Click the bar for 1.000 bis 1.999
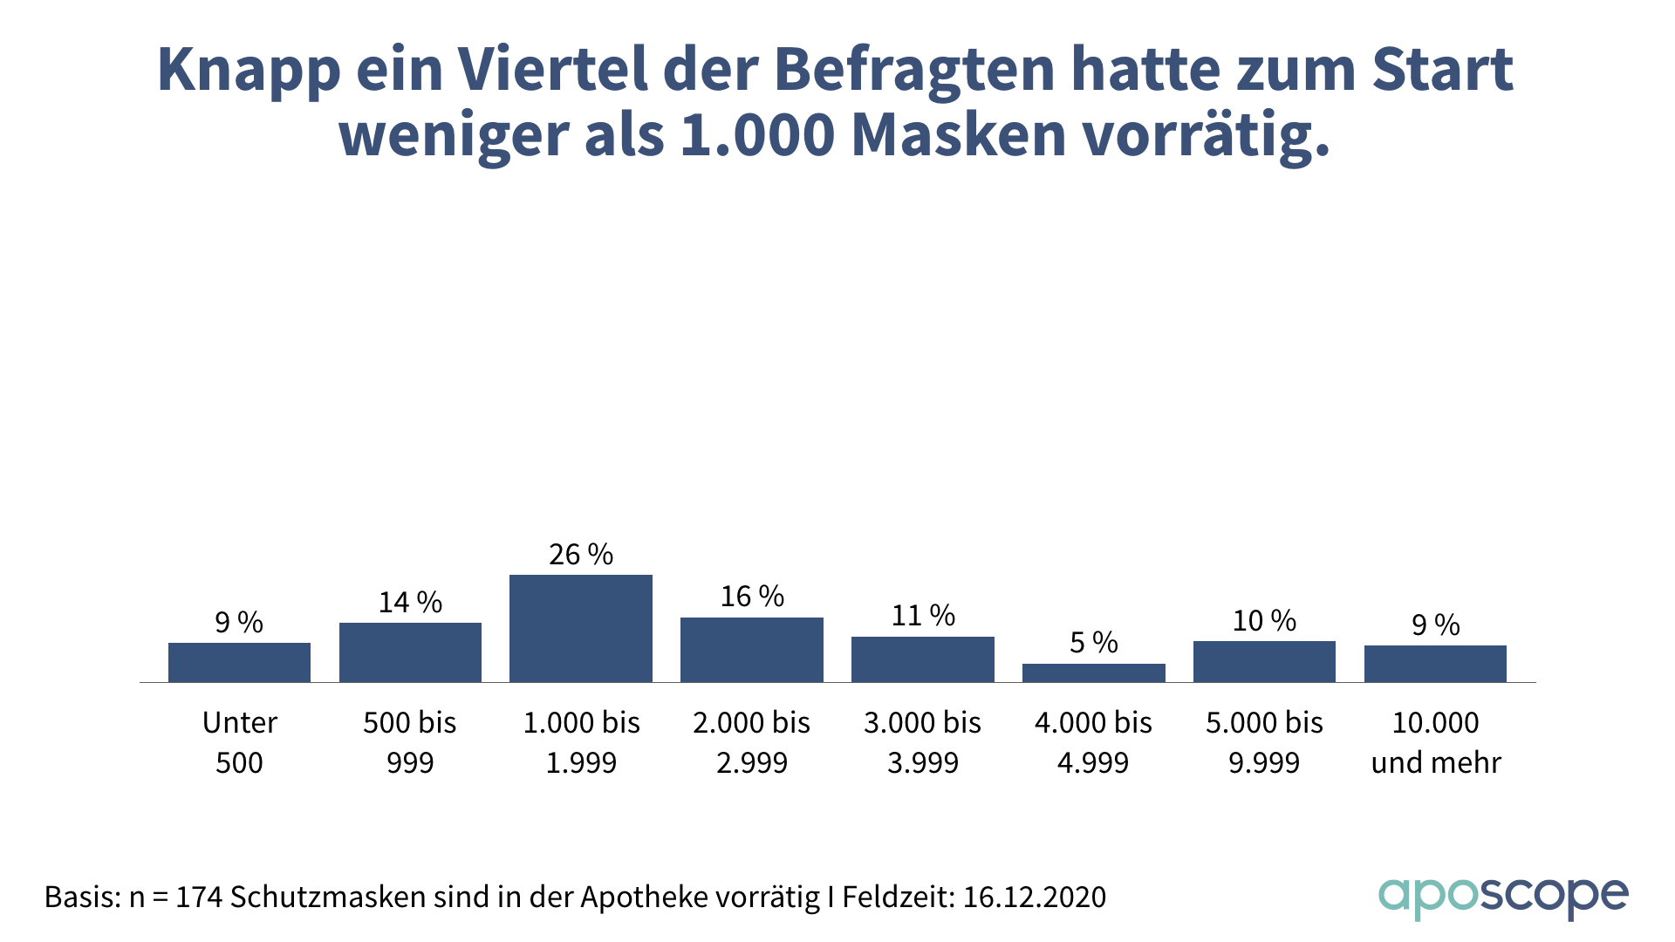tap(581, 628)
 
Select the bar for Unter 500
tap(239, 662)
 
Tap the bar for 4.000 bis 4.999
tap(1093, 672)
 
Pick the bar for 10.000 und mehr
tap(1435, 664)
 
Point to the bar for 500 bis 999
tap(410, 652)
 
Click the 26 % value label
tap(581, 555)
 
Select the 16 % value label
tap(752, 597)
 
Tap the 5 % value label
tap(1094, 643)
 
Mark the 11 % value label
tap(923, 616)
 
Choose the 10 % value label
tap(1264, 621)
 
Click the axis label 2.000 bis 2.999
tap(752, 742)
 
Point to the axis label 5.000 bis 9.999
tap(1264, 742)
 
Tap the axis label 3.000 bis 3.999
tap(923, 742)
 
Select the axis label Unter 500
tap(239, 742)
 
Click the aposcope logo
tap(1502, 897)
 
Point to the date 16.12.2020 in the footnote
tap(1035, 897)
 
